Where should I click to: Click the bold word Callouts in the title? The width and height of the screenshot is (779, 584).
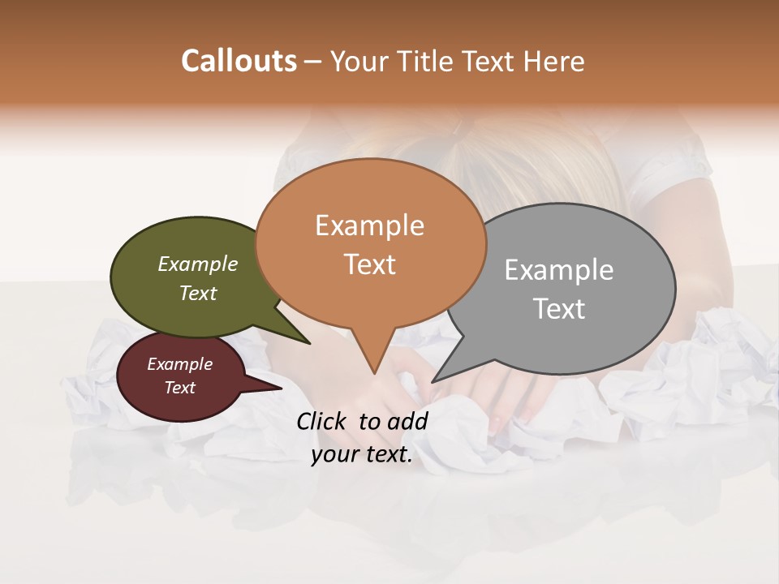click(239, 61)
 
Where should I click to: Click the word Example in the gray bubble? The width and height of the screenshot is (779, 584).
click(559, 270)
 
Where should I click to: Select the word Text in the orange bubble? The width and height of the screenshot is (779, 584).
click(370, 264)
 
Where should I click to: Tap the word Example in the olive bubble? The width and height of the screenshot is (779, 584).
click(198, 264)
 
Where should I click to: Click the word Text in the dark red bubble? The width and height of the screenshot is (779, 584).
click(180, 388)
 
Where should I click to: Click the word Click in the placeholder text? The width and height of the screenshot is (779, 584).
click(323, 421)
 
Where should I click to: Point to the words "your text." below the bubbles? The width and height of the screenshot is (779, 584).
click(362, 455)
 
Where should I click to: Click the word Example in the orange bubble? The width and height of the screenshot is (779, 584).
click(370, 225)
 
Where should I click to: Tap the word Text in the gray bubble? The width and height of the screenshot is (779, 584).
click(559, 309)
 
